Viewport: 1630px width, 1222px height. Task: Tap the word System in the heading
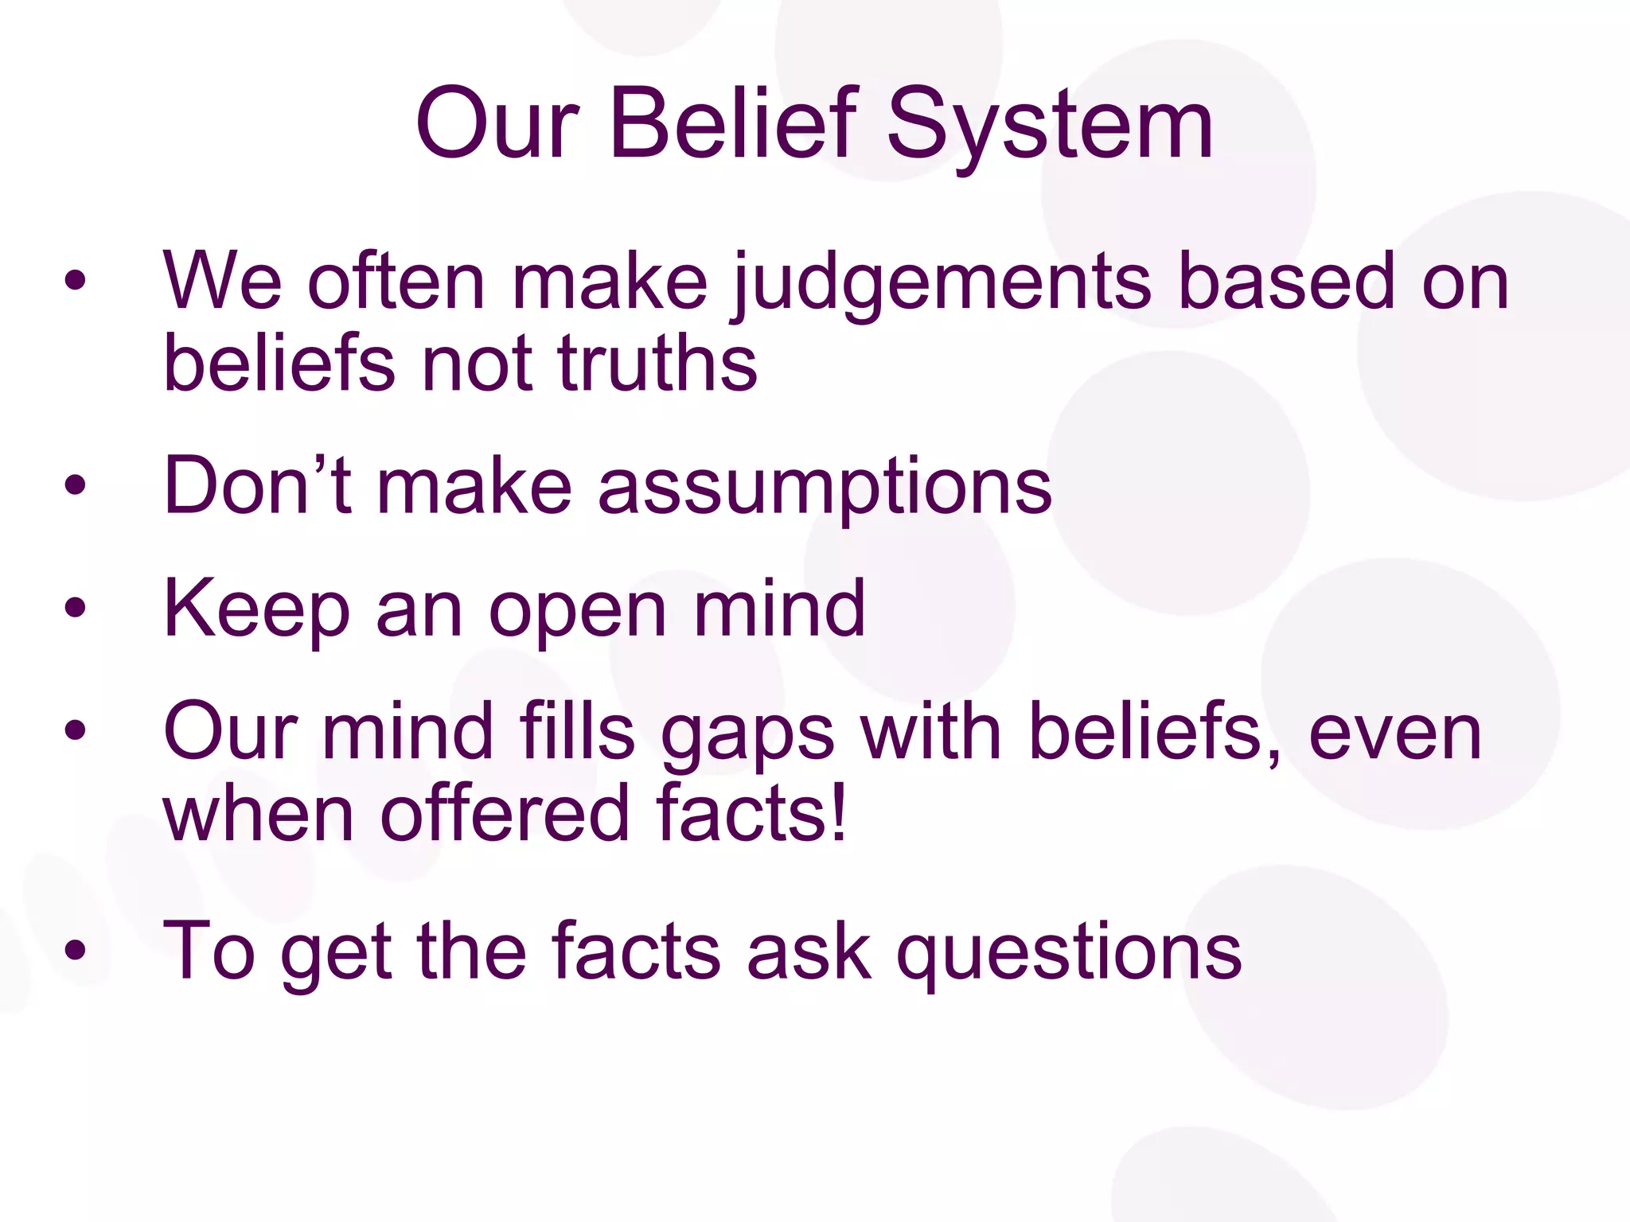click(1050, 127)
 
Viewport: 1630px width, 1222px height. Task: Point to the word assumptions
click(825, 487)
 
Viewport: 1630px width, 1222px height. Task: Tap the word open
click(577, 613)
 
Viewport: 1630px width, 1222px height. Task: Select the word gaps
click(747, 735)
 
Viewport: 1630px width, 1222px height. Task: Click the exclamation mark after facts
click(836, 811)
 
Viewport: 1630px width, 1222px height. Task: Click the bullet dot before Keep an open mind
click(76, 609)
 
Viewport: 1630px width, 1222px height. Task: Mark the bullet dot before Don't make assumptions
click(76, 485)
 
